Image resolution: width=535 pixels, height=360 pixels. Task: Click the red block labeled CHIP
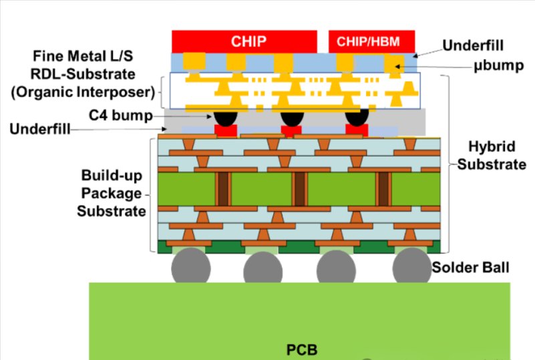pyautogui.click(x=244, y=41)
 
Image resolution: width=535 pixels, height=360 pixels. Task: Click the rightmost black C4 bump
pyautogui.click(x=357, y=118)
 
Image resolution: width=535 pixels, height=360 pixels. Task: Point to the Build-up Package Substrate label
pyautogui.click(x=111, y=193)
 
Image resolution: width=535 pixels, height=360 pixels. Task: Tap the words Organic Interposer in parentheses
pyautogui.click(x=83, y=90)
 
